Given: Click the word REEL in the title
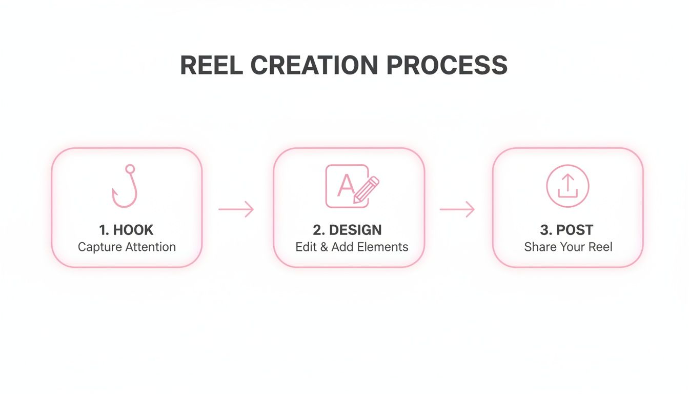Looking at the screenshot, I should [211, 66].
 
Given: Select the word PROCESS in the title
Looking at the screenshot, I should [447, 66].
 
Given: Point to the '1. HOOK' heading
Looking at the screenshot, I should [126, 230].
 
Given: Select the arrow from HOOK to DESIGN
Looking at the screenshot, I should [236, 209].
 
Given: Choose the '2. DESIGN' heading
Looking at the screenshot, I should [347, 230].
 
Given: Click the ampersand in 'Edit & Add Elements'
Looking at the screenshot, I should [323, 247].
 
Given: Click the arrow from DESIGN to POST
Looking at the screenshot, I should [457, 209].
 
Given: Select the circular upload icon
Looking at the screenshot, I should [568, 186].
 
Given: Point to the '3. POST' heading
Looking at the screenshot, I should [566, 230].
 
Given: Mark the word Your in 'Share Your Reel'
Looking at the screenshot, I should [570, 247].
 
